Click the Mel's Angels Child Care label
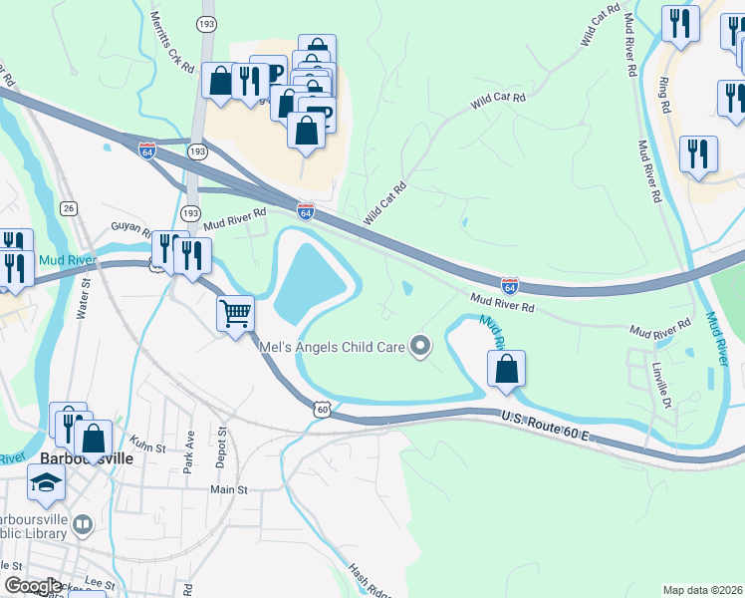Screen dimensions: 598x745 pos(331,347)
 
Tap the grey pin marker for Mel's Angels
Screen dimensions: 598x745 pos(421,347)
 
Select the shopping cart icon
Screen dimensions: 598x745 pos(236,314)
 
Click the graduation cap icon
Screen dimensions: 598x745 pos(45,484)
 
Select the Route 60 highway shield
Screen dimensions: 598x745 pos(322,409)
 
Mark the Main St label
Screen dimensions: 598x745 pos(227,489)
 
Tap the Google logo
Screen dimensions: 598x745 pos(33,586)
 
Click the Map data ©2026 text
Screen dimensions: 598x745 pos(702,590)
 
